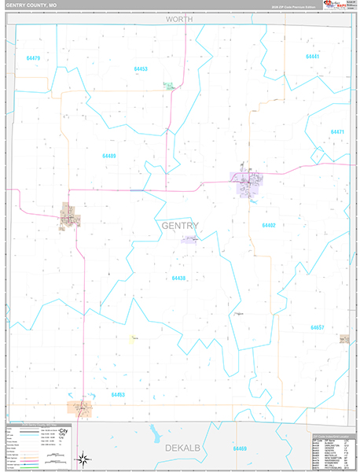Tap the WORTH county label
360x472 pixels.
tap(178, 18)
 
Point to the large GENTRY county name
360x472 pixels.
tap(179, 226)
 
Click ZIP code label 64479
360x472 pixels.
tap(33, 58)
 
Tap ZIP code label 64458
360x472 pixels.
tap(141, 69)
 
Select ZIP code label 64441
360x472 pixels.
tap(313, 57)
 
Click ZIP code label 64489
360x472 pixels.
tap(108, 156)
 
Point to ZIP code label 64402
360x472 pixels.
tap(269, 226)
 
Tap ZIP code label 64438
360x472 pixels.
tap(178, 278)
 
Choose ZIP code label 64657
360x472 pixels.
tap(317, 327)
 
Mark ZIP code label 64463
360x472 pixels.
tap(118, 395)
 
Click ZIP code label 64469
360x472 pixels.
tap(239, 448)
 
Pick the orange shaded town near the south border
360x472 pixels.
tap(82, 407)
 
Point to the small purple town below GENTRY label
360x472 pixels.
tap(189, 239)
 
